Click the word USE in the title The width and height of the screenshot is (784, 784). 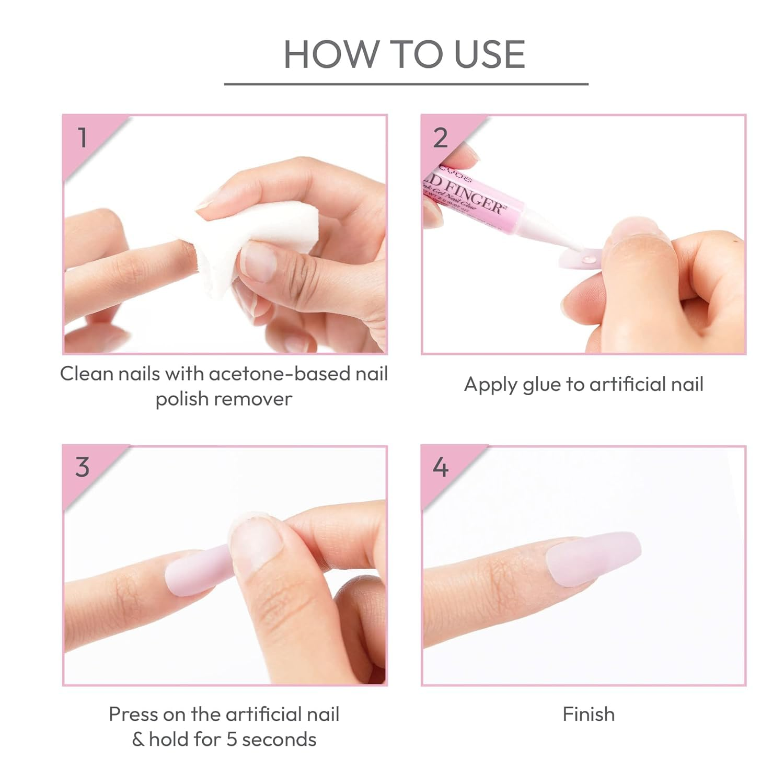click(x=490, y=54)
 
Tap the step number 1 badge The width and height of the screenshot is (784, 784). click(x=82, y=137)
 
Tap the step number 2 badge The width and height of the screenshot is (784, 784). click(x=441, y=137)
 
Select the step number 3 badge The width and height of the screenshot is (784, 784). click(x=82, y=467)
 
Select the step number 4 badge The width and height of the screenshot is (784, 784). click(x=441, y=467)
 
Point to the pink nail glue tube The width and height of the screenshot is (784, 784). click(x=470, y=201)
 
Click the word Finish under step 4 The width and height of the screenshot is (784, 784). click(x=589, y=714)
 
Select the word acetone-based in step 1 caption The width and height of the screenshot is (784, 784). click(x=275, y=374)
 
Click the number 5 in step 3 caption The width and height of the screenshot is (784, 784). click(x=232, y=740)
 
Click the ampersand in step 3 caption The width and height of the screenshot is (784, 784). click(x=137, y=740)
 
